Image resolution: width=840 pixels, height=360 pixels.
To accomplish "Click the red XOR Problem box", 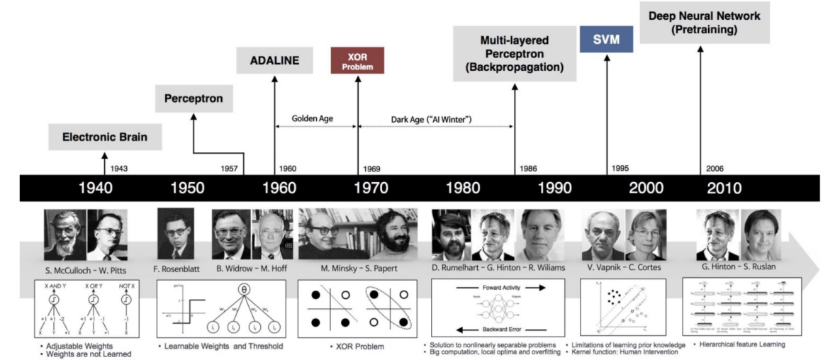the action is [357, 60].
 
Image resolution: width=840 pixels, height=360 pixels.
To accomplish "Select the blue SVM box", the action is [606, 40].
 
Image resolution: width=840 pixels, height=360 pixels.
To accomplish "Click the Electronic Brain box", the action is [105, 137].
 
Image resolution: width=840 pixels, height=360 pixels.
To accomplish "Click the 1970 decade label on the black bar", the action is [371, 188].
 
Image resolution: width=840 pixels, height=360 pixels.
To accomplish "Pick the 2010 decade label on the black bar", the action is [723, 188].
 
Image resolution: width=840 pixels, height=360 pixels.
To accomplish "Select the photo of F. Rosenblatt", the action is [176, 234].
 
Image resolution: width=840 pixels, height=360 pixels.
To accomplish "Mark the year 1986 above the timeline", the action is [527, 169].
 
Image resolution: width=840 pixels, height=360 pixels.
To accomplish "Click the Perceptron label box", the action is [194, 99].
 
